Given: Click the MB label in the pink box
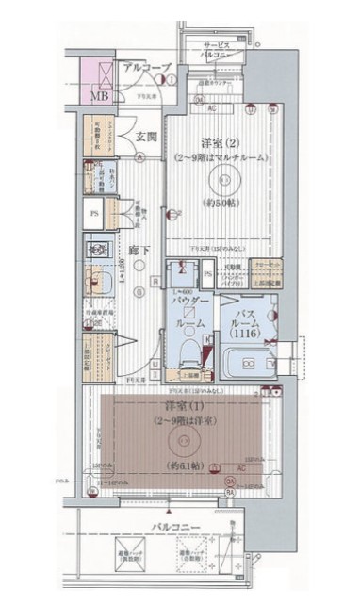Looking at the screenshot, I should (x=96, y=95).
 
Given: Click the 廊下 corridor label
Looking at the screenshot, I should (x=139, y=251).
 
